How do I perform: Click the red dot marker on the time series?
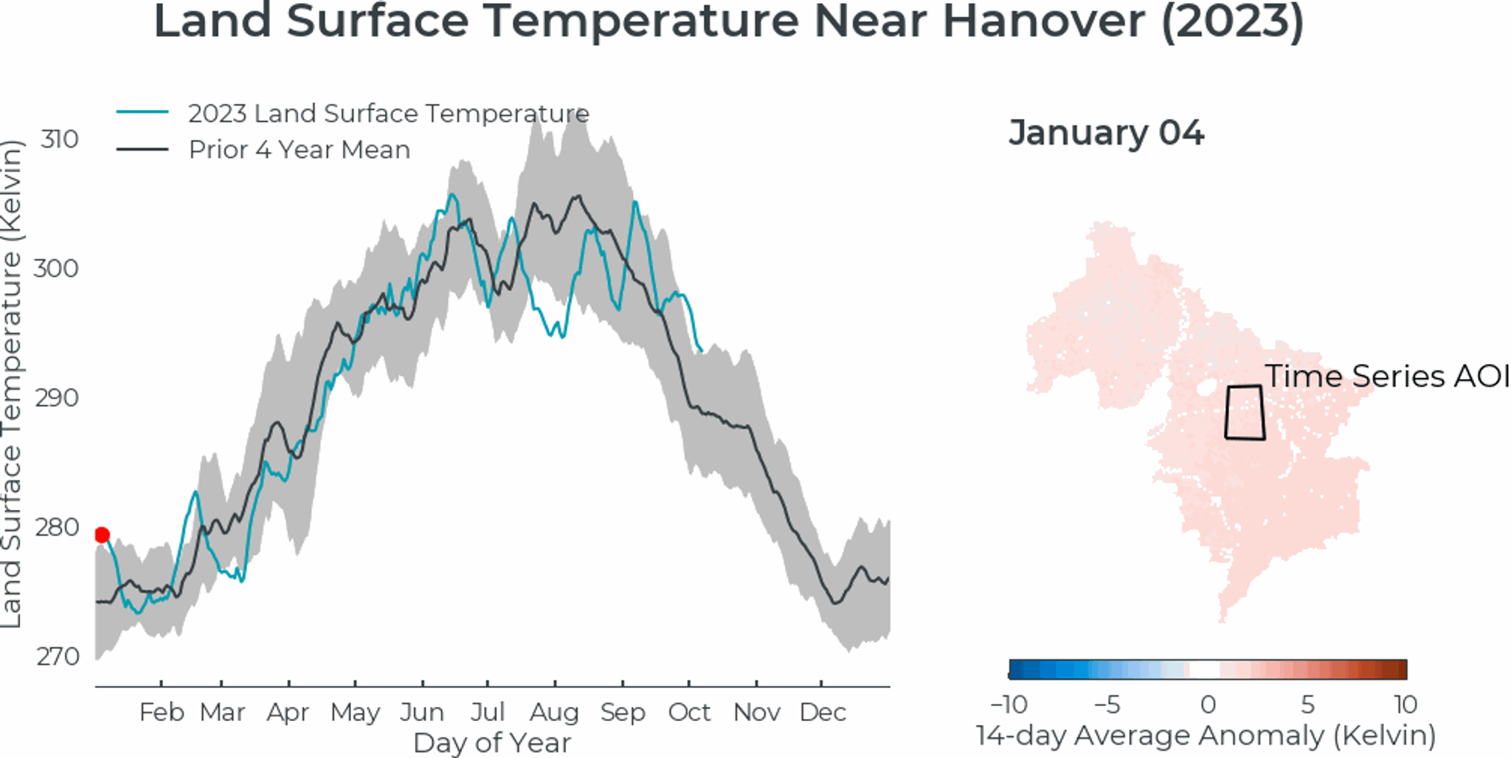click(103, 535)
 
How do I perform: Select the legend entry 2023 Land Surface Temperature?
click(388, 114)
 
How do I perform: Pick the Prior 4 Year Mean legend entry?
click(299, 150)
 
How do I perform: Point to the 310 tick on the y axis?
click(59, 139)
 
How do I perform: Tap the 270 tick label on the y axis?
click(58, 656)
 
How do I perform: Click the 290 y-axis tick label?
click(58, 398)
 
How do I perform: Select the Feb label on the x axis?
click(162, 713)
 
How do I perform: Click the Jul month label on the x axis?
click(488, 713)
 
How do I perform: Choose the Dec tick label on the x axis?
click(823, 713)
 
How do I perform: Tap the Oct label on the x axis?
click(689, 713)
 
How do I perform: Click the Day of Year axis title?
click(492, 743)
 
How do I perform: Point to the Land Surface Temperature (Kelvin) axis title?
click(12, 384)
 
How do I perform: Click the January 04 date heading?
click(1106, 134)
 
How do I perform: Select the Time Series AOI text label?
click(1387, 376)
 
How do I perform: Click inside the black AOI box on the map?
click(1245, 413)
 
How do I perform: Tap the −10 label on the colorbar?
click(1009, 705)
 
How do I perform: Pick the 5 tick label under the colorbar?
click(1307, 705)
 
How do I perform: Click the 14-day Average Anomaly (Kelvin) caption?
click(1206, 736)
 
